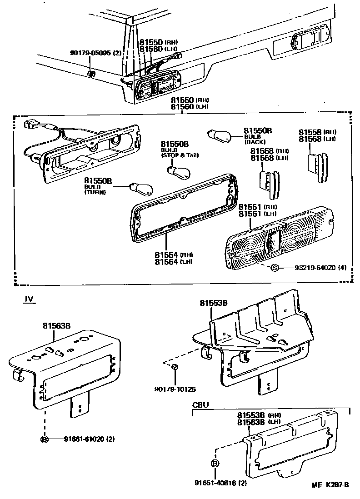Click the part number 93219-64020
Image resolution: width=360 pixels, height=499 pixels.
(313, 268)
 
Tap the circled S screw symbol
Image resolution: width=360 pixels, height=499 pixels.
(275, 268)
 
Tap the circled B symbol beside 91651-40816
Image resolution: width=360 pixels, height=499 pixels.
(215, 464)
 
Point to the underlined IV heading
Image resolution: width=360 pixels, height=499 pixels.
(29, 299)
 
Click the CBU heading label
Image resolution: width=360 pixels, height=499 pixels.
(201, 404)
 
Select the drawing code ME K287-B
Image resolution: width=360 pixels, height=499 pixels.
(330, 485)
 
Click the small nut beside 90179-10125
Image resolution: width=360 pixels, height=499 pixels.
(175, 366)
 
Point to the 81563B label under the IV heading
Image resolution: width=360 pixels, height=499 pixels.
(56, 325)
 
